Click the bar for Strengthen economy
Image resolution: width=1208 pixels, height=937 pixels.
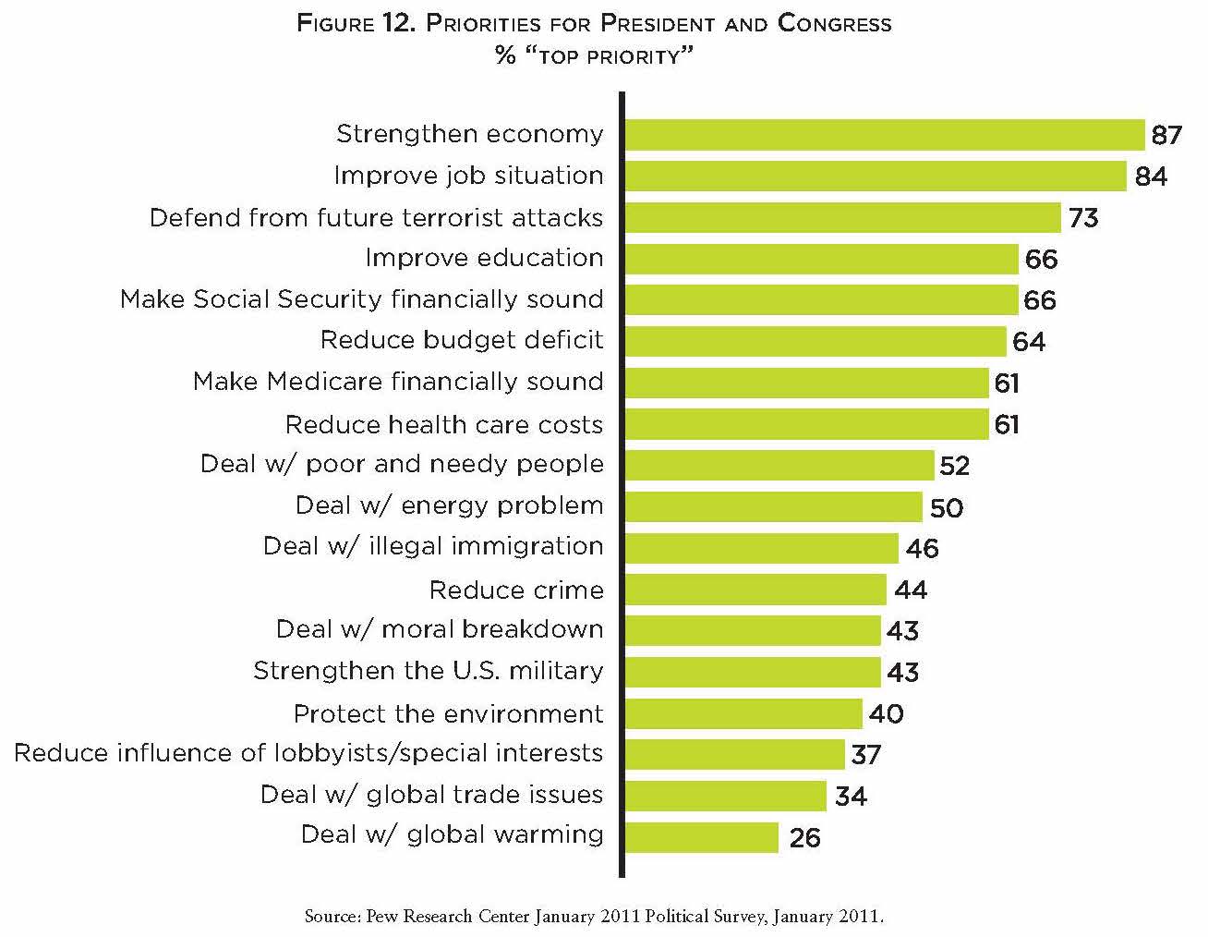pos(885,135)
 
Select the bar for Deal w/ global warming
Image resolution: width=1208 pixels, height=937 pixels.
pos(702,837)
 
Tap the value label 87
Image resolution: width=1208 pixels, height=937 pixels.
pos(1166,135)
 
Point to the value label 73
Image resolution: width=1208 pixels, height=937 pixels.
pos(1083,218)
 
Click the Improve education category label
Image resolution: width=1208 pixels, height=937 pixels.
pos(484,258)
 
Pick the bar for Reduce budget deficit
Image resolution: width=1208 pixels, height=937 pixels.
pos(815,341)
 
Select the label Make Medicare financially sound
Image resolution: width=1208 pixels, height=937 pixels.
pos(398,382)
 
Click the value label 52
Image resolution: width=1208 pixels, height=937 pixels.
pos(954,465)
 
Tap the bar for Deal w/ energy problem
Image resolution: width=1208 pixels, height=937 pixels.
pos(774,506)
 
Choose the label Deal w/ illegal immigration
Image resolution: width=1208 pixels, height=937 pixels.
pos(433,546)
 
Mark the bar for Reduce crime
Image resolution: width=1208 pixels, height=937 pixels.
pos(755,590)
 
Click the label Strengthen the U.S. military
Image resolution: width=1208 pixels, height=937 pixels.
pos(429,671)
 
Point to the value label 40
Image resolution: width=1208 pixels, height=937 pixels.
pos(887,713)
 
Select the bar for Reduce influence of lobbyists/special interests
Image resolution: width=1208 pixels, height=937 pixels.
pos(735,754)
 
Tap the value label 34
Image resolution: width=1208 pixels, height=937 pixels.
pos(851,796)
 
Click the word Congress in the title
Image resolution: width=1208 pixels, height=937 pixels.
pos(835,23)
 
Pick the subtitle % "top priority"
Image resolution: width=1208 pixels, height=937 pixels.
pos(594,55)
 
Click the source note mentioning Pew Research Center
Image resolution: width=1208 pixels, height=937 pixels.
pos(594,917)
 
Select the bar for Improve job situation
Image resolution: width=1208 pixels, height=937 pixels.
pos(876,176)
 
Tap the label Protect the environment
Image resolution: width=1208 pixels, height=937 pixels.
pos(448,713)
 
